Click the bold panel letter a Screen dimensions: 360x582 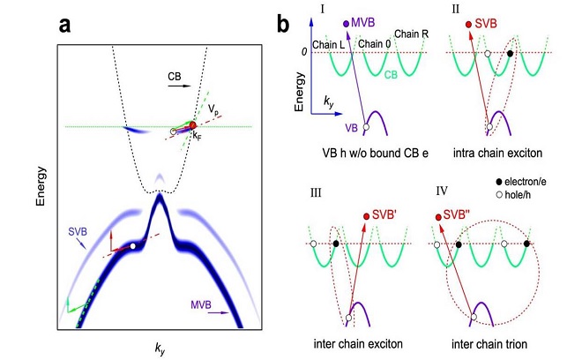(x=65, y=24)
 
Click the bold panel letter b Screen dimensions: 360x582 (x=283, y=24)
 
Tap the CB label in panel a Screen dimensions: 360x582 (x=177, y=77)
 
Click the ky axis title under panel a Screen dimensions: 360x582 (x=159, y=349)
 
